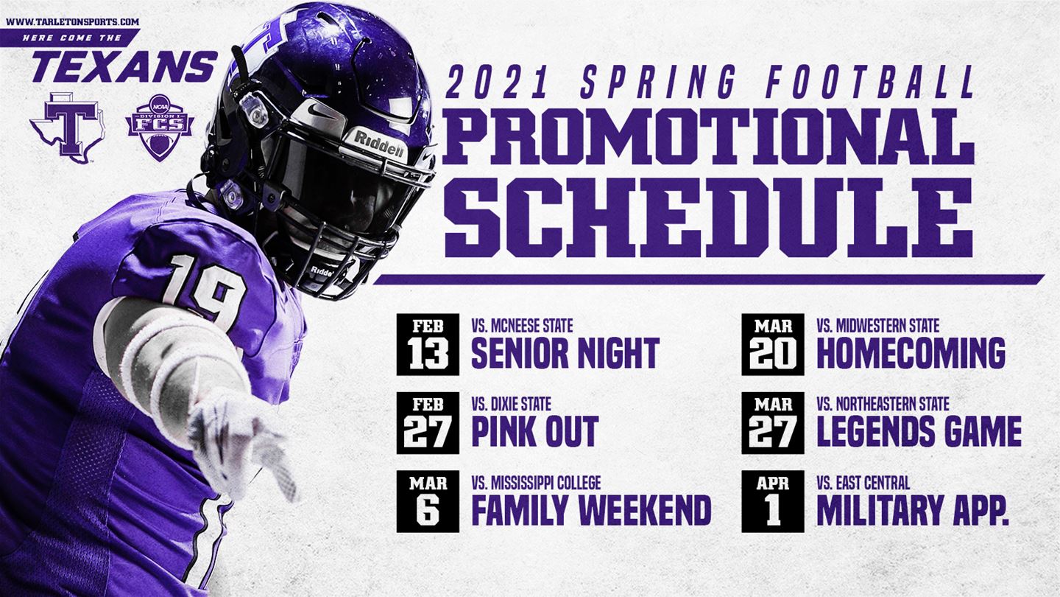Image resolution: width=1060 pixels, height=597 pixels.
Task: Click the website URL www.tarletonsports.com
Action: [72, 22]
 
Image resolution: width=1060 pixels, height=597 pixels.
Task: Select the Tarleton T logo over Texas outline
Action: [67, 127]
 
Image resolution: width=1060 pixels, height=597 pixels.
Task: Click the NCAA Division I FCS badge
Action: [160, 127]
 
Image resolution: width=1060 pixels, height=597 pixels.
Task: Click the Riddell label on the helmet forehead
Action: [379, 143]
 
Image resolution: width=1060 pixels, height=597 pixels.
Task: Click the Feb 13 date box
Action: [428, 344]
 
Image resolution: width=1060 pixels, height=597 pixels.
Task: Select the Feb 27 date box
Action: [428, 423]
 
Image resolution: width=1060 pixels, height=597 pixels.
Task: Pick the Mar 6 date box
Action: [428, 501]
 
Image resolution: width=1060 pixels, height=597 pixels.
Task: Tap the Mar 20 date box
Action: [773, 344]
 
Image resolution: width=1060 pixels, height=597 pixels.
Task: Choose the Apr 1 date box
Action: [773, 501]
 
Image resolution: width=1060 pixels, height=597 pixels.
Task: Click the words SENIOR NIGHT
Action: [565, 353]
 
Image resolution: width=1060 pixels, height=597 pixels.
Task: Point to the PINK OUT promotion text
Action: [535, 431]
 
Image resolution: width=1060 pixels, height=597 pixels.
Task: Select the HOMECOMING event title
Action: [911, 353]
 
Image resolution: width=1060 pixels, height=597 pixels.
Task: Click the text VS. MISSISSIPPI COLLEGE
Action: [536, 483]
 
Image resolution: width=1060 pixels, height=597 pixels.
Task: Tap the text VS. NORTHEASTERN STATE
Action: [883, 404]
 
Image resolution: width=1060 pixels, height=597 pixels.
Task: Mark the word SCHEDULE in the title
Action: [708, 217]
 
